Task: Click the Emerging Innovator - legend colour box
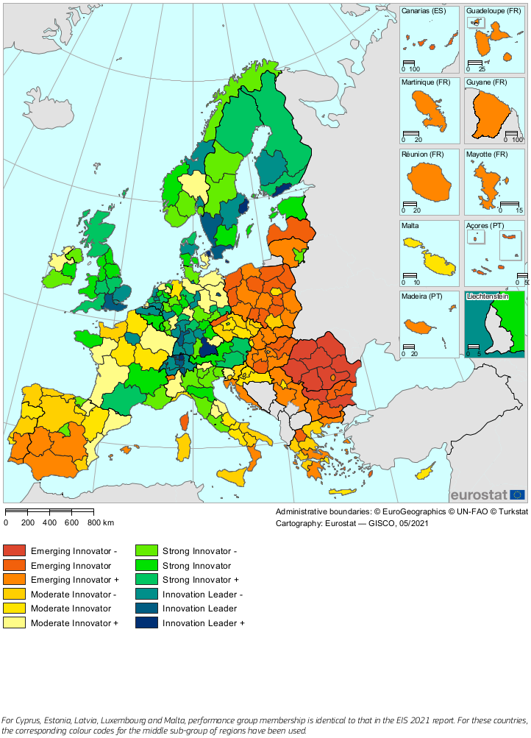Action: click(x=15, y=550)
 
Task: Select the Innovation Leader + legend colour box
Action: click(x=146, y=622)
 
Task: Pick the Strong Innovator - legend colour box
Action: click(x=146, y=550)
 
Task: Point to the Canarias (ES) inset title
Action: click(x=424, y=12)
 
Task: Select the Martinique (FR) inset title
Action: click(x=426, y=82)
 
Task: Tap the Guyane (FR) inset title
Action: click(x=486, y=82)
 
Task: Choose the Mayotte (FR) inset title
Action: click(x=487, y=154)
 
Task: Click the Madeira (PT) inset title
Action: click(x=422, y=296)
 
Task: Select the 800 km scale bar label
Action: click(x=100, y=522)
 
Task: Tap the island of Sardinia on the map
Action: click(x=182, y=447)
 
